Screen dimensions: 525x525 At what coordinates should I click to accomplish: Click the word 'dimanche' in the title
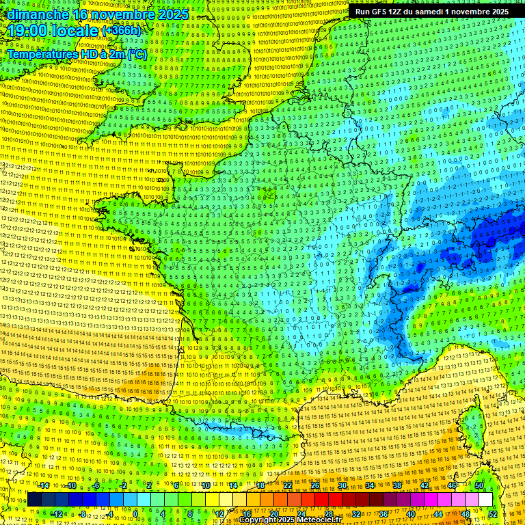[34, 14]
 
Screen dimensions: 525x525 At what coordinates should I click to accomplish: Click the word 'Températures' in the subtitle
[42, 53]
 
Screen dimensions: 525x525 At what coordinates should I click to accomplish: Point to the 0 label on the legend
[135, 513]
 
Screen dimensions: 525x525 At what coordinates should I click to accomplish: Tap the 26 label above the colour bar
[314, 485]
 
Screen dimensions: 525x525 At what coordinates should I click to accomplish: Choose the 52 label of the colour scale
[492, 513]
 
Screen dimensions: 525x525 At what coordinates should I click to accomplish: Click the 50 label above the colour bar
[479, 485]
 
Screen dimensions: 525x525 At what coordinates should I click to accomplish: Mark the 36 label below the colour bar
[383, 513]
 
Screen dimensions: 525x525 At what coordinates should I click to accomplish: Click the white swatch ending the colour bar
[485, 499]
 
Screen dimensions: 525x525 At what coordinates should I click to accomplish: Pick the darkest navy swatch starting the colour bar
[35, 499]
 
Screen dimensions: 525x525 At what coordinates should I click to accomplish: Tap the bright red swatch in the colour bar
[321, 499]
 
